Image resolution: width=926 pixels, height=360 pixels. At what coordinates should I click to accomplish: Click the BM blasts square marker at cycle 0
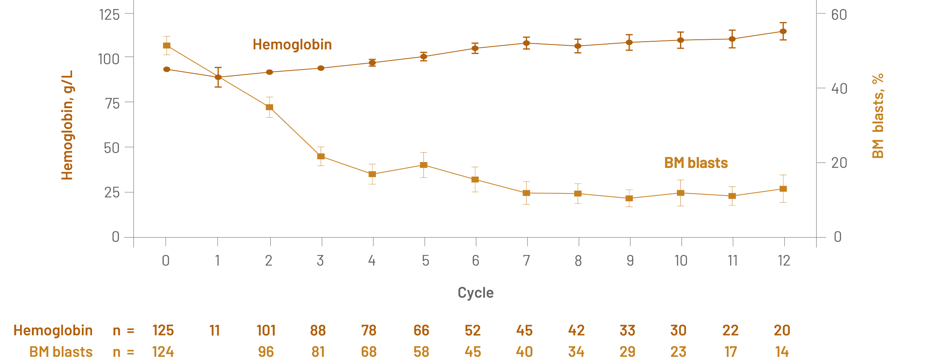(167, 46)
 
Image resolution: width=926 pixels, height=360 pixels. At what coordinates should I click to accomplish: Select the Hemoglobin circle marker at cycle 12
(783, 31)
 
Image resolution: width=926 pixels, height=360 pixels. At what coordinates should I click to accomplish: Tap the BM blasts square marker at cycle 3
(321, 156)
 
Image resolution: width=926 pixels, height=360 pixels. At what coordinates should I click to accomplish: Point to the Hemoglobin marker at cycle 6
(475, 48)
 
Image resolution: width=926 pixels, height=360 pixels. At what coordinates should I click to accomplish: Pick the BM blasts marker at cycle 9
(629, 198)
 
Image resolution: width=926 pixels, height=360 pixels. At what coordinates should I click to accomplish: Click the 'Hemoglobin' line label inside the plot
(292, 44)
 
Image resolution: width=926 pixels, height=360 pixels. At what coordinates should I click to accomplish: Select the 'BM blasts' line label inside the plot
(696, 163)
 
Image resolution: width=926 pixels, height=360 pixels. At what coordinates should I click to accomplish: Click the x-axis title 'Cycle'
(475, 293)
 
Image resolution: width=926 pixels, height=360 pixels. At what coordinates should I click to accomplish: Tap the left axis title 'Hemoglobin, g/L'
(67, 125)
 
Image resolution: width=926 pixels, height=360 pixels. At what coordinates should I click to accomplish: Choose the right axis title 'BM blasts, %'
(878, 116)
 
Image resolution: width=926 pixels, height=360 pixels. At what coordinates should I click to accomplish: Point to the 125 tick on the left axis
(110, 15)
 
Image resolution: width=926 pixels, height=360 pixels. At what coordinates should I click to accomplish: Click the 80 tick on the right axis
(839, 15)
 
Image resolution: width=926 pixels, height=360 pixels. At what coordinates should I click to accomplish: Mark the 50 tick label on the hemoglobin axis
(111, 148)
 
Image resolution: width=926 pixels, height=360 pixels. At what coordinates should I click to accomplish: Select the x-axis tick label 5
(425, 260)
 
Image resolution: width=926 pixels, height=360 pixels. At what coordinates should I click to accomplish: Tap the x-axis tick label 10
(681, 260)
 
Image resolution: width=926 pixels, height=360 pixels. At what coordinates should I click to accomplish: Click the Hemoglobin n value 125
(163, 330)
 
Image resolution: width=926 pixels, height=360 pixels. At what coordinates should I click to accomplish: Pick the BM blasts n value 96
(266, 351)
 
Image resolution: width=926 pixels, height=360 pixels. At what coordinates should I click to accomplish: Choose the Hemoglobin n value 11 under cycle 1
(215, 330)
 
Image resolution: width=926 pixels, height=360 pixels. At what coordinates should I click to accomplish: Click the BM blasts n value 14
(782, 351)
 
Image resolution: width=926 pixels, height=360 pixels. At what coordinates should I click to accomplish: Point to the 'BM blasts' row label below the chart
(61, 351)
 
